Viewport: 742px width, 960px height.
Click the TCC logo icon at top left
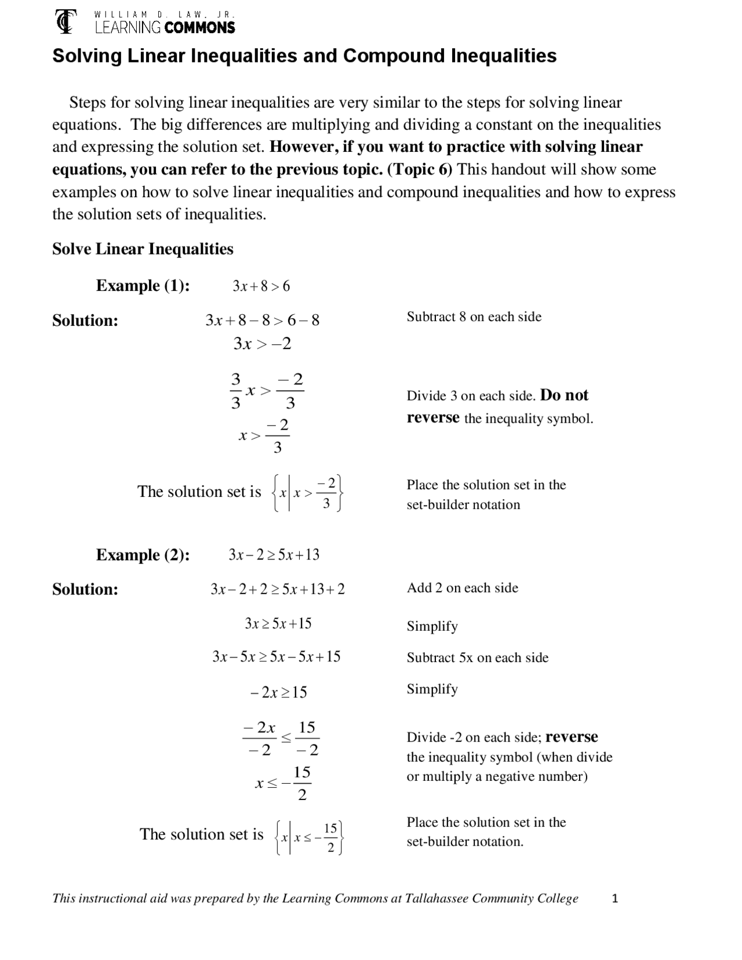[66, 21]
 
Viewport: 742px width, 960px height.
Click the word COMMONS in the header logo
[199, 27]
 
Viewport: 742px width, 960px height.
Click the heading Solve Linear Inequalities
[143, 249]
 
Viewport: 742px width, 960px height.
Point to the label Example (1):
[143, 286]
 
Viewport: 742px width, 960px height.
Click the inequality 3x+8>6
[261, 286]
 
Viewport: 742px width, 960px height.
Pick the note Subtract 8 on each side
[474, 317]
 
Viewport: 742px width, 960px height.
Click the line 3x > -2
[262, 344]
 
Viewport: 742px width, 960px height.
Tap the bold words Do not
[564, 395]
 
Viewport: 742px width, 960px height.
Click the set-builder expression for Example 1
[308, 493]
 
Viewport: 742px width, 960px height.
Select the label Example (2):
[143, 555]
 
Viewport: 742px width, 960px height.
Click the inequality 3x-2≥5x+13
[274, 555]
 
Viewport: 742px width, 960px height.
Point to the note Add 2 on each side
[462, 588]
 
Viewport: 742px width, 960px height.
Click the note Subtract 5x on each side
[477, 657]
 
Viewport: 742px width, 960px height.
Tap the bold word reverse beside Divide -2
[572, 737]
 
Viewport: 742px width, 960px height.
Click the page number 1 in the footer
[615, 899]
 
